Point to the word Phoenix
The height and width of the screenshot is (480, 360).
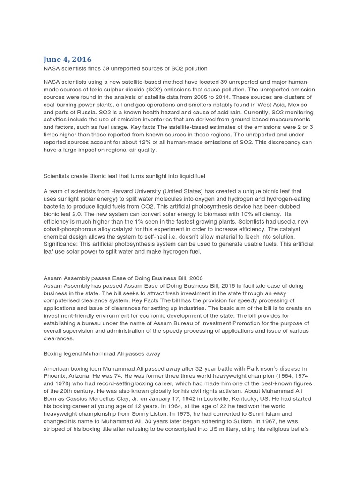pyautogui.click(x=55, y=376)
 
